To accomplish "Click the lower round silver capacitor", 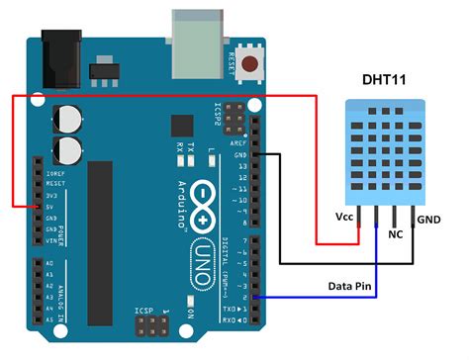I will [x=68, y=149].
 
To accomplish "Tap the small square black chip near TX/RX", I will [x=181, y=126].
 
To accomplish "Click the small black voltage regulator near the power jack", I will [x=102, y=73].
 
